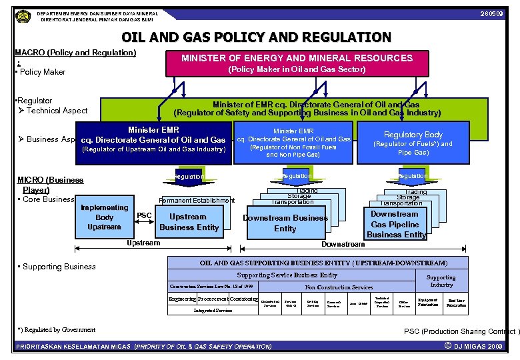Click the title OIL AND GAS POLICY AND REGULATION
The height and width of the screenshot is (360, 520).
(x=257, y=37)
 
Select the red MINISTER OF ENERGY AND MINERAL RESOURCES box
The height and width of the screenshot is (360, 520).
(x=297, y=63)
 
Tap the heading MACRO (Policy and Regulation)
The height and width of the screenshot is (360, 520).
(x=75, y=53)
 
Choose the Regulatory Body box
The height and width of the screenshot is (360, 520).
(x=413, y=142)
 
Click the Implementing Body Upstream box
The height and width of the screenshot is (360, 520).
(x=104, y=217)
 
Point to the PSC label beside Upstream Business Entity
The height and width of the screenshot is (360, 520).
(x=145, y=215)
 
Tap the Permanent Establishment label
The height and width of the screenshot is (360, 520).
(x=196, y=201)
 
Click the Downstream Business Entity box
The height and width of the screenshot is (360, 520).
(x=285, y=223)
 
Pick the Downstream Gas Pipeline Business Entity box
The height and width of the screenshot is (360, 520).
(x=395, y=224)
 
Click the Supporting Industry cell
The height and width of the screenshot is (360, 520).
(x=441, y=281)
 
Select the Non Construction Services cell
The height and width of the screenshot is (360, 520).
(x=339, y=287)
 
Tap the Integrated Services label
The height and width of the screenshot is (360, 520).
(x=213, y=310)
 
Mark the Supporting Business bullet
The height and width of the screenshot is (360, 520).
(x=59, y=267)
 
